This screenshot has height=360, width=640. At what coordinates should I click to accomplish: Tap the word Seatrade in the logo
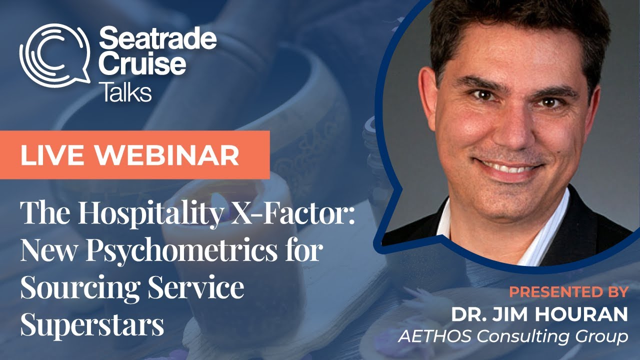[x=158, y=39]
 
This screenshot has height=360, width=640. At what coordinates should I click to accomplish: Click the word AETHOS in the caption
[x=436, y=336]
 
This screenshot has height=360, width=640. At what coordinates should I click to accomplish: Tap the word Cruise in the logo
[x=143, y=65]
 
